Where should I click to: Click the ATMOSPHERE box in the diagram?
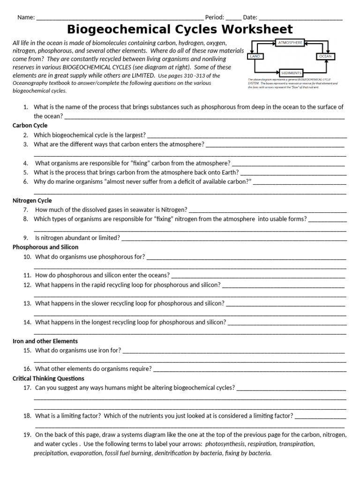click(x=291, y=43)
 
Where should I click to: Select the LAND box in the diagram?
click(x=255, y=56)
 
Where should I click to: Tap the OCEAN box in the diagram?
click(x=325, y=56)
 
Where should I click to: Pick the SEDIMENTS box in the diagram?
click(x=291, y=73)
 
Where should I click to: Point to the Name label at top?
click(x=26, y=17)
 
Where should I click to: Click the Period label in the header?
click(x=215, y=17)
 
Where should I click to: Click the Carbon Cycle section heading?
click(x=30, y=126)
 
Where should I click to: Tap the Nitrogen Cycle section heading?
click(x=32, y=201)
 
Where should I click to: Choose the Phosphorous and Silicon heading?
click(x=45, y=247)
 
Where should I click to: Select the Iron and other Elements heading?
click(x=45, y=341)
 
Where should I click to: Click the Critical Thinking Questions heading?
click(x=48, y=378)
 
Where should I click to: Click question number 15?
click(x=27, y=350)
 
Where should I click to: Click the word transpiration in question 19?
click(x=295, y=444)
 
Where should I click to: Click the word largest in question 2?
click(x=135, y=135)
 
